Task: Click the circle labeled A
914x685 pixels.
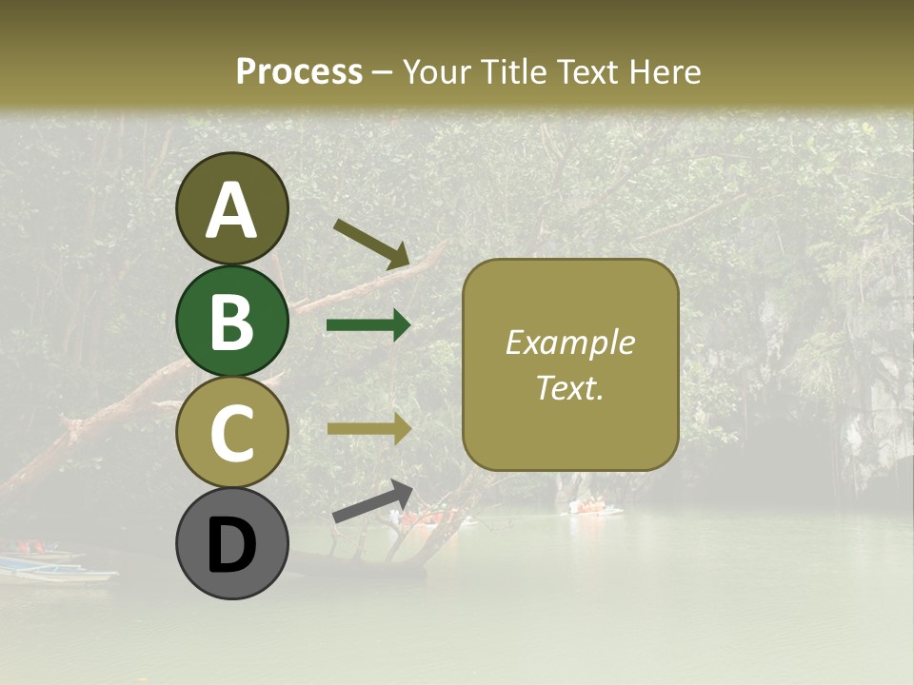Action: click(x=231, y=208)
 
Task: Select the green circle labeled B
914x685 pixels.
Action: click(x=231, y=321)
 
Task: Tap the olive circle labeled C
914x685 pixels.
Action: click(x=231, y=432)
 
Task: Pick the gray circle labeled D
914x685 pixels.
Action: click(x=231, y=543)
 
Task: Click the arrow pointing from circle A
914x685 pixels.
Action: click(x=370, y=243)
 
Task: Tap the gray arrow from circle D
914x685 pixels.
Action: click(x=372, y=501)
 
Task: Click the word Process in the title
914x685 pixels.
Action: click(x=299, y=71)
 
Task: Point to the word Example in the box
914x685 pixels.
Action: click(x=569, y=342)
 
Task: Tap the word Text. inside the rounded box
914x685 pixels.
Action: click(x=569, y=387)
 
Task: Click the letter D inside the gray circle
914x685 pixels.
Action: click(x=231, y=545)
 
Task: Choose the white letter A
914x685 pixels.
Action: click(x=231, y=210)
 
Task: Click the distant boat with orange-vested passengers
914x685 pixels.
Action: click(x=595, y=507)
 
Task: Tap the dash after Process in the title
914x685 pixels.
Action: click(x=382, y=73)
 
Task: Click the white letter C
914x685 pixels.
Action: click(x=231, y=433)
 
